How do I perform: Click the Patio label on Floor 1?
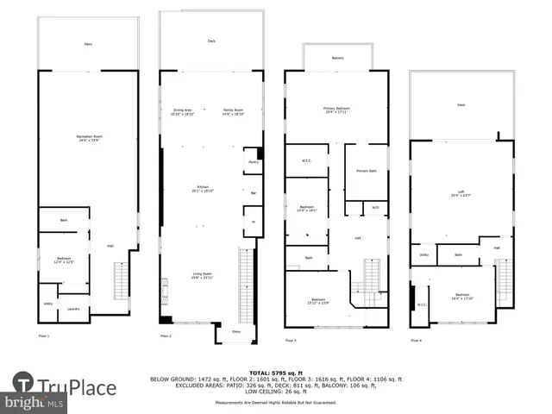(88, 44)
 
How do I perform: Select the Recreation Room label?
(88, 139)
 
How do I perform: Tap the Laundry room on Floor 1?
(74, 308)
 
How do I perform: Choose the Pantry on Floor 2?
(254, 162)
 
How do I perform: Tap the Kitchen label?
(203, 191)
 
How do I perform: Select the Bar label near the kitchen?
(254, 192)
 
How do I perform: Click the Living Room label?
(203, 275)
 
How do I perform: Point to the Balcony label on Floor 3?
(337, 58)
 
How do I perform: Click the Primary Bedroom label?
(336, 110)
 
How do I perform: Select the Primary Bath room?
(366, 171)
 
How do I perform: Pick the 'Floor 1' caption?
(44, 335)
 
